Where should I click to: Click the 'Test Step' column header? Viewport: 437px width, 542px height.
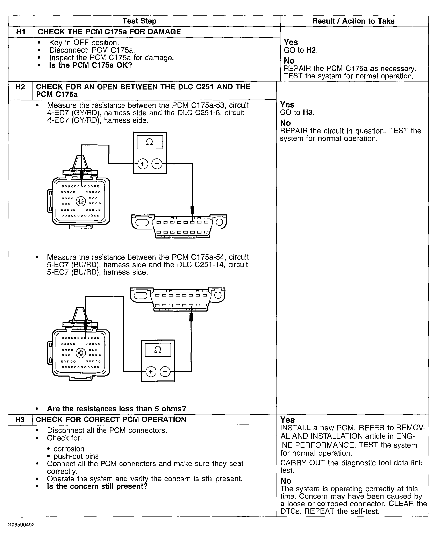click(139, 21)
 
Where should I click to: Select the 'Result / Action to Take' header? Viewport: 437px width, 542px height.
click(353, 21)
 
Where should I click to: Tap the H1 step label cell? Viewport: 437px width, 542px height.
click(21, 32)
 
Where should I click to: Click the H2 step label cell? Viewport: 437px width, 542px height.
click(20, 87)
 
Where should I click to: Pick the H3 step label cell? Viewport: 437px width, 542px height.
click(20, 420)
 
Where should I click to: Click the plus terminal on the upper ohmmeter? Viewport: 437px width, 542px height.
click(143, 164)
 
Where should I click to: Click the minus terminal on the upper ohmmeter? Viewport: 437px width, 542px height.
click(157, 164)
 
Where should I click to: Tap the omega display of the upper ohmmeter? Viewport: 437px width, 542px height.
click(150, 142)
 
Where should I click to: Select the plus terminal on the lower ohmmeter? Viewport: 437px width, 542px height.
click(151, 372)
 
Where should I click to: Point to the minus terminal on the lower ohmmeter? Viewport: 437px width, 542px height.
click(165, 372)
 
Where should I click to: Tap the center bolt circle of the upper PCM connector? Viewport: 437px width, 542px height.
click(81, 201)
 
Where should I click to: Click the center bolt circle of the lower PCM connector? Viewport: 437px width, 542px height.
click(81, 353)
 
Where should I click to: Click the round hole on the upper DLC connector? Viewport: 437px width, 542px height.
click(220, 222)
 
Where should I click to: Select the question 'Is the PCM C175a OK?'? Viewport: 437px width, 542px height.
click(91, 65)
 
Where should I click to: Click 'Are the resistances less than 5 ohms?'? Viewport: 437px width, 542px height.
click(116, 409)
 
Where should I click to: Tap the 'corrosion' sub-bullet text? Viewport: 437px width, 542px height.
click(69, 449)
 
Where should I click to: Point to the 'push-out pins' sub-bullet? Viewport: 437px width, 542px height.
click(76, 456)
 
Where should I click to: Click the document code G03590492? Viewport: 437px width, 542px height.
click(21, 525)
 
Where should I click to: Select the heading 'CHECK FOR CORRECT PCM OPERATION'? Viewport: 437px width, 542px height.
click(111, 420)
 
